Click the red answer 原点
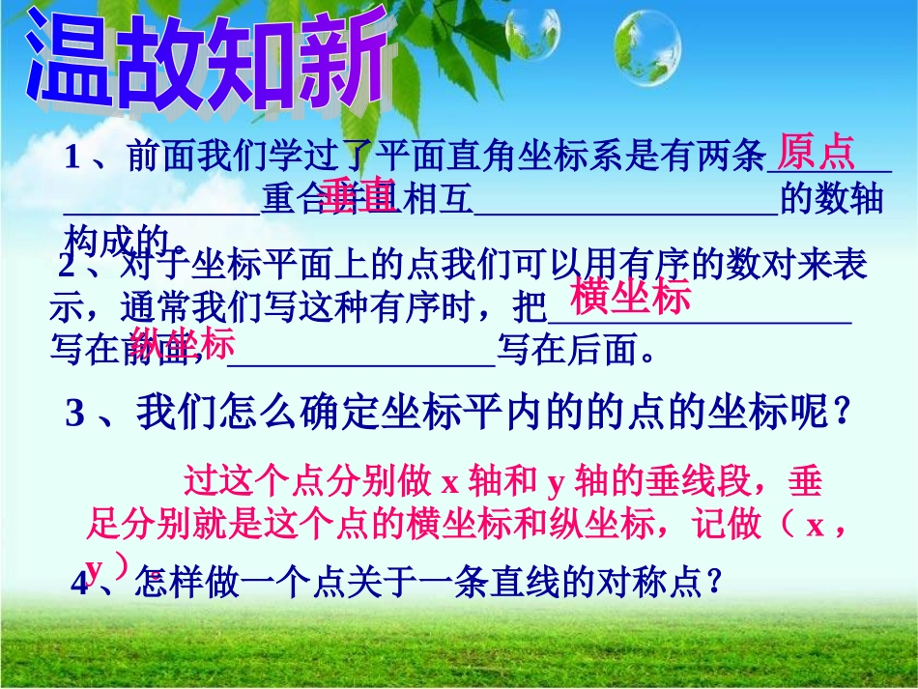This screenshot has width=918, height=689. (817, 152)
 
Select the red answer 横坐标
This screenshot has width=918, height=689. (630, 298)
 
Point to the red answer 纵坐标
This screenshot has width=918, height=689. (183, 344)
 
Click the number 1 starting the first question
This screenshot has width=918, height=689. (72, 158)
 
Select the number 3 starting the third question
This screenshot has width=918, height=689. (75, 415)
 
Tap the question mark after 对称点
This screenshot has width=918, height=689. (714, 583)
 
